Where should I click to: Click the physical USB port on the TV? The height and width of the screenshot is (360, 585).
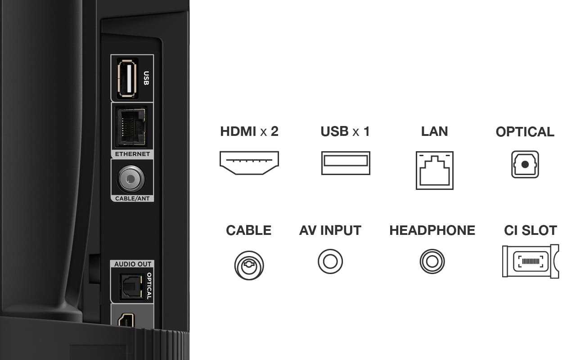click(127, 78)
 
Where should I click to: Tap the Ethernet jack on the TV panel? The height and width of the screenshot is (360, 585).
click(131, 127)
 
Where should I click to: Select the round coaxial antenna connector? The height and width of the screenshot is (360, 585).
click(130, 179)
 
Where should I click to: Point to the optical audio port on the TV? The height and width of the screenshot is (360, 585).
click(131, 287)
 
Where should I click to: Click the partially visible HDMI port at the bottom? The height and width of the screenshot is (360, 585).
click(126, 320)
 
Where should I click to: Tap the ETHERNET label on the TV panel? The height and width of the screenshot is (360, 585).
click(132, 154)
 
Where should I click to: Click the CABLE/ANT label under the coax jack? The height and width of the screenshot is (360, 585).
click(132, 198)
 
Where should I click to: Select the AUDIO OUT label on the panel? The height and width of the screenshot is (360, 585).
click(133, 264)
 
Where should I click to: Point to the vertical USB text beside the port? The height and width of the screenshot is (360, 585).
click(146, 78)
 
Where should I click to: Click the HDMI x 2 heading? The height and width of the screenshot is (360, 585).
click(249, 131)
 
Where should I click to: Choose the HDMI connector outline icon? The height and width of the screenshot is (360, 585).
click(249, 163)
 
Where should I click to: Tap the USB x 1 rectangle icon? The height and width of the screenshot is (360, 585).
click(346, 163)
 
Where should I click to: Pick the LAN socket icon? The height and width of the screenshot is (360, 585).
click(435, 171)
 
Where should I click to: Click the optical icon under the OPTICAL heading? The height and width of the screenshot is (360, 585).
click(525, 164)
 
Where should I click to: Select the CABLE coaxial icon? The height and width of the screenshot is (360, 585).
click(249, 265)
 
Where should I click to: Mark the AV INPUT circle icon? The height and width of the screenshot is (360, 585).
click(330, 261)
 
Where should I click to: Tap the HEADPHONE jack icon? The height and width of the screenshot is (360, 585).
click(432, 261)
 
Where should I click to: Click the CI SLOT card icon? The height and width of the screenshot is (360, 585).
click(531, 261)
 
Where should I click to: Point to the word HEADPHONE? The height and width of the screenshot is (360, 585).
click(432, 230)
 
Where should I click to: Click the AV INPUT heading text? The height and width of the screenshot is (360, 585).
click(330, 230)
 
